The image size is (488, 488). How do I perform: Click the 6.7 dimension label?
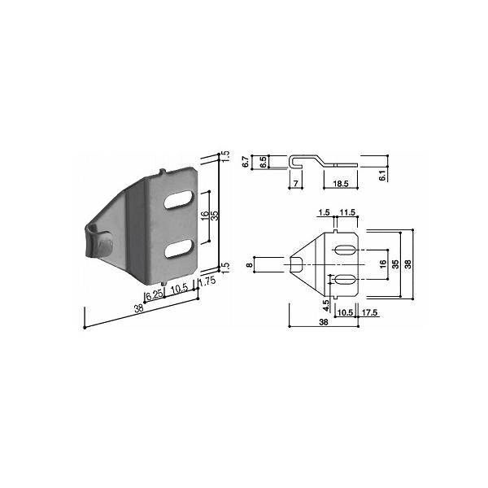246,162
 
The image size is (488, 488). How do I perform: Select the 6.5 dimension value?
263,162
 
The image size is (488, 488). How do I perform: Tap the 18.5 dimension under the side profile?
341,184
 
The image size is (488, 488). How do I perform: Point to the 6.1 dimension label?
382,175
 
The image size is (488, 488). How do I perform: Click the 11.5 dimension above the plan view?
347,212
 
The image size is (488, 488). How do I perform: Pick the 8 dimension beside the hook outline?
249,265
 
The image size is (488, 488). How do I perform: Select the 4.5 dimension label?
326,306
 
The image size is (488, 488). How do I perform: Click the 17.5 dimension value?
370,312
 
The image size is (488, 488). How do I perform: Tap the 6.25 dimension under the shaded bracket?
155,294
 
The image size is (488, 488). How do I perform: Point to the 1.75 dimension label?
207,281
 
